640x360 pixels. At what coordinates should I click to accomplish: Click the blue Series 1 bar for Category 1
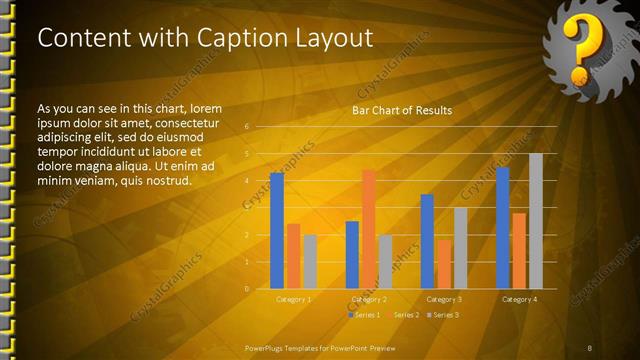click(277, 231)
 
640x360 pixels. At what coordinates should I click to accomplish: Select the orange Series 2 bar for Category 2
click(369, 229)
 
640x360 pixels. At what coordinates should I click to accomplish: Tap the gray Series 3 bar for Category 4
click(536, 221)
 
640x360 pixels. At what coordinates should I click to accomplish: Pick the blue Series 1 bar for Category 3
click(427, 241)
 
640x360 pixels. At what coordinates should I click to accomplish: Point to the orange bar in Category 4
click(519, 251)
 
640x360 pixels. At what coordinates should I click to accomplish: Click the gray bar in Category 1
click(310, 262)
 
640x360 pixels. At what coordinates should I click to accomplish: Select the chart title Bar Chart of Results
click(401, 110)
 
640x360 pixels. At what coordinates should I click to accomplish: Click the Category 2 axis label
click(369, 299)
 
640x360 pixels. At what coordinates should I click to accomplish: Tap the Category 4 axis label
click(519, 299)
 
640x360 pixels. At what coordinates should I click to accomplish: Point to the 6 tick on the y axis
click(246, 127)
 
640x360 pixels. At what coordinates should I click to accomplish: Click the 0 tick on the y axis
click(246, 289)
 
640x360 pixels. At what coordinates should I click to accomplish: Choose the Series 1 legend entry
click(365, 315)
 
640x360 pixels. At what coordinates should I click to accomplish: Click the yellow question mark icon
click(579, 50)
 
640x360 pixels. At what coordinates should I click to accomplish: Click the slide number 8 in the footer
click(590, 347)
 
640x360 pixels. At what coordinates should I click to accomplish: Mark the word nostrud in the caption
click(166, 180)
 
